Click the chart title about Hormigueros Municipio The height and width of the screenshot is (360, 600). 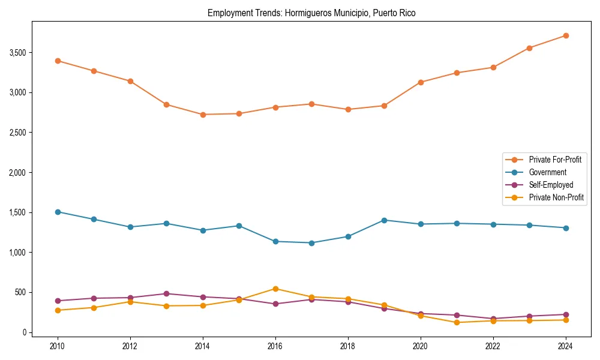311,13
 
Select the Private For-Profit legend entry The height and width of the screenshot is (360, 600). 554,160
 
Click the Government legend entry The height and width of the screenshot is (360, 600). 547,172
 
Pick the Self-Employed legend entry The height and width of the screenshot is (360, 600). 551,185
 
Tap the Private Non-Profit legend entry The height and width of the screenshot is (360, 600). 556,197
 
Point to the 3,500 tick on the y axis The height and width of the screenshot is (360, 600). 18,53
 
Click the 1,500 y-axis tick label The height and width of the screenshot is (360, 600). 18,212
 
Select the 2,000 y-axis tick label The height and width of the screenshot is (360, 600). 18,173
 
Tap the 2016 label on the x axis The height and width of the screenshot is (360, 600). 275,346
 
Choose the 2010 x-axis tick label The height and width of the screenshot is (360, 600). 58,346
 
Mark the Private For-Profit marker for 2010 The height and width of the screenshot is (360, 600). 58,61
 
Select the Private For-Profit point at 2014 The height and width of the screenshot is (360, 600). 203,115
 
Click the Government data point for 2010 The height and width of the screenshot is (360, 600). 58,212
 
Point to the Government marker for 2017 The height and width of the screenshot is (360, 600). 311,243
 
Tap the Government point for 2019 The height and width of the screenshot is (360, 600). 384,220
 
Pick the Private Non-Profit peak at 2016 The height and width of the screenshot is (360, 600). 275,289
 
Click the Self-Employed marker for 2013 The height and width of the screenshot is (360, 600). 166,293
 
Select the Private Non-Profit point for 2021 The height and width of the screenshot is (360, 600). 457,322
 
